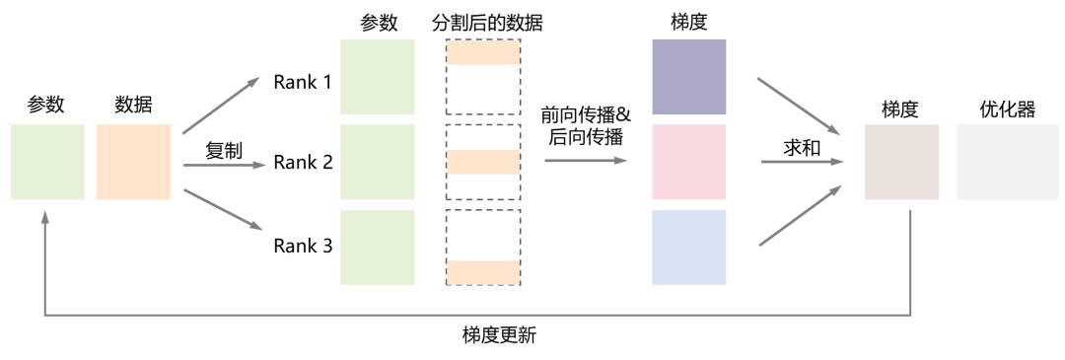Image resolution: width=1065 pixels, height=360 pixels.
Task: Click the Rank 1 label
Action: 302,82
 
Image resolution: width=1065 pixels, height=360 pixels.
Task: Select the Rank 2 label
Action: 302,163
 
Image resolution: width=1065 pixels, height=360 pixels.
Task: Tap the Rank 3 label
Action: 302,246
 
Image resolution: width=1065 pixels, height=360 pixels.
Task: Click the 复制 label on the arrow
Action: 224,151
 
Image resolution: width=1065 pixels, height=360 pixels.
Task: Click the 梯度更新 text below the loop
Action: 499,335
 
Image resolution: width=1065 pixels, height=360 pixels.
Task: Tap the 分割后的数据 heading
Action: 486,22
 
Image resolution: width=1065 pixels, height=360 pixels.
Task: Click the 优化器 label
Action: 1007,109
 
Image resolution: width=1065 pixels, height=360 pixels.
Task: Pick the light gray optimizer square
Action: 994,162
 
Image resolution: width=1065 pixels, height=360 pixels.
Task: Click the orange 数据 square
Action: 134,162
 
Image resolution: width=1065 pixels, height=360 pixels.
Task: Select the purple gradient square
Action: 689,77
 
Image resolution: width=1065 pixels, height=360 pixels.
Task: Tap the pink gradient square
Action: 689,162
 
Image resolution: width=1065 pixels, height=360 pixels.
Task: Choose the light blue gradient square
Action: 689,247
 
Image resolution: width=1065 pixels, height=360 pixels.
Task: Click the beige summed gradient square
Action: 901,162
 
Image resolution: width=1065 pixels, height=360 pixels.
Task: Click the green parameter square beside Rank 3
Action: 377,247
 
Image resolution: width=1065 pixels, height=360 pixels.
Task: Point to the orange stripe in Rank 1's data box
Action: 483,55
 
